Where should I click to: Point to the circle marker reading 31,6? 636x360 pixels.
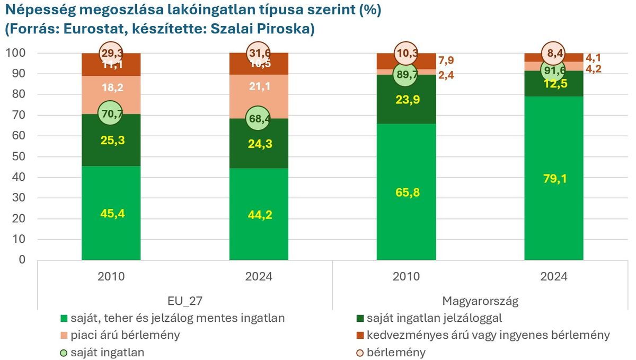(259, 53)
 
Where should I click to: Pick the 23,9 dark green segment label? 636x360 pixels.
(406, 100)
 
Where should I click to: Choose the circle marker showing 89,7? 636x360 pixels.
(406, 75)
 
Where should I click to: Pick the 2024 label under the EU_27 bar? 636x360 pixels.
(259, 277)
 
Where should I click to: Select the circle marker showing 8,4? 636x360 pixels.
(554, 53)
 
